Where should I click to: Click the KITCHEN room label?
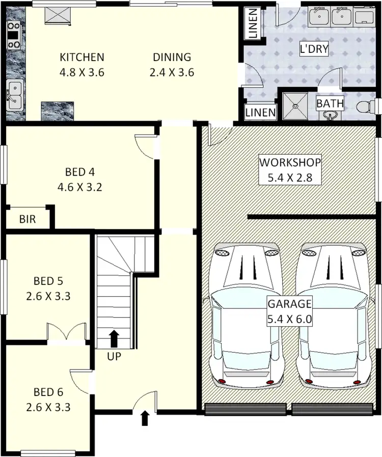pyautogui.click(x=81, y=57)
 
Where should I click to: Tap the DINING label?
pyautogui.click(x=172, y=57)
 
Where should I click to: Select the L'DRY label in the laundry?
pyautogui.click(x=313, y=49)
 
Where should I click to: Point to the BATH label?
pyautogui.click(x=330, y=103)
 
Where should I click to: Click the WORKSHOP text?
pyautogui.click(x=290, y=162)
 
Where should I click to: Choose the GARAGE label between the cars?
pyautogui.click(x=290, y=304)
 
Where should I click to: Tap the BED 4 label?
pyautogui.click(x=80, y=172)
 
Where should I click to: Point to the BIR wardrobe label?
pyautogui.click(x=27, y=220)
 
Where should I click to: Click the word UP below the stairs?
pyautogui.click(x=114, y=356)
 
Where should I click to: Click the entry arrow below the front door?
pyautogui.click(x=145, y=418)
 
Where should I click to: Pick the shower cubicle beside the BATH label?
pyautogui.click(x=296, y=105)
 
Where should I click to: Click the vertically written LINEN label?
pyautogui.click(x=253, y=24)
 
